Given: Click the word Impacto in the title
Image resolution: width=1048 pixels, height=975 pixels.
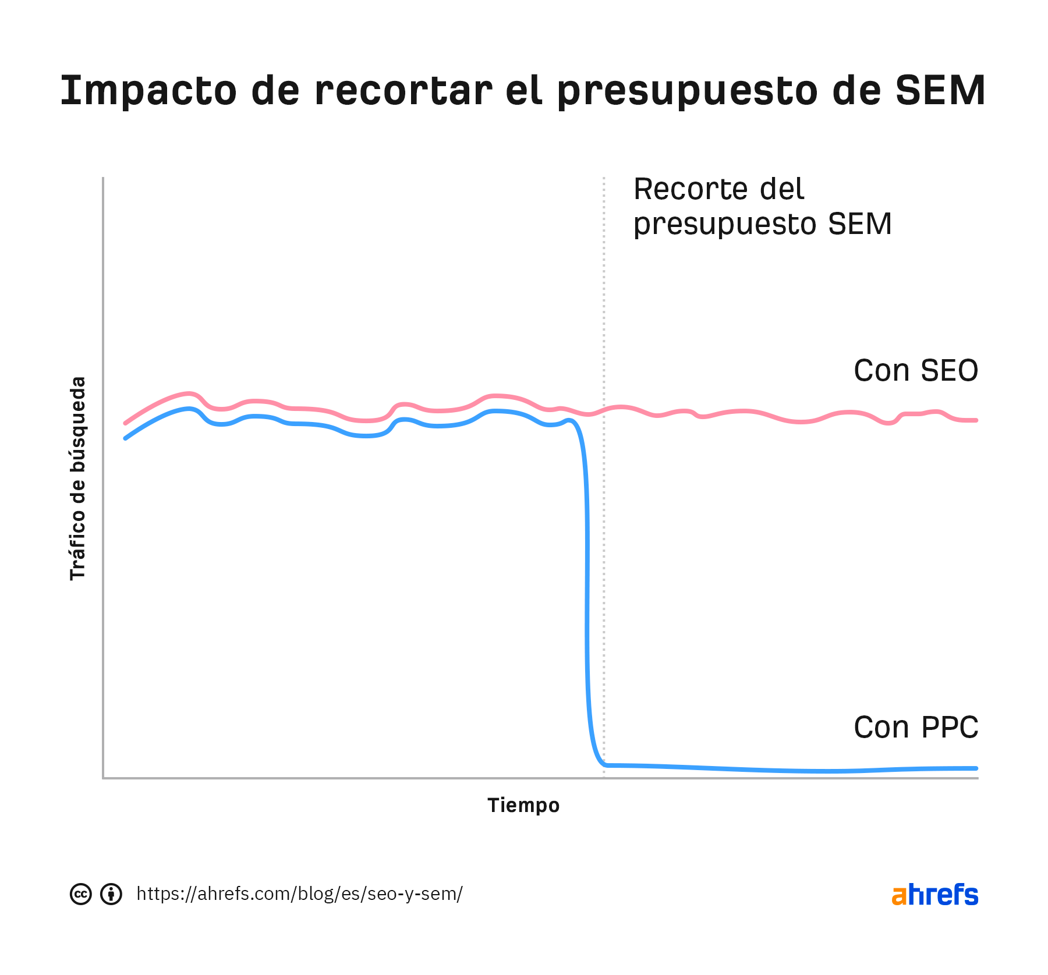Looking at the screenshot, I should pyautogui.click(x=148, y=91).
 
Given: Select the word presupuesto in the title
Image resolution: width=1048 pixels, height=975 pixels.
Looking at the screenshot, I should pyautogui.click(x=687, y=91).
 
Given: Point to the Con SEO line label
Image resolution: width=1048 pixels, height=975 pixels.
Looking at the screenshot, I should pyautogui.click(x=915, y=371).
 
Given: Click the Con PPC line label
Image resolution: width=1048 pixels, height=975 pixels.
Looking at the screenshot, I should pyautogui.click(x=915, y=728).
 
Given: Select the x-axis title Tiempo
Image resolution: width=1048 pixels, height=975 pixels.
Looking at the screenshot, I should pyautogui.click(x=523, y=805).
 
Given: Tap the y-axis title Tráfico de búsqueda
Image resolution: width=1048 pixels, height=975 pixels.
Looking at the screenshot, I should pyautogui.click(x=77, y=478).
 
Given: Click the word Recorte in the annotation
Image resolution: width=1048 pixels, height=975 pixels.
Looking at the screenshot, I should pyautogui.click(x=685, y=189).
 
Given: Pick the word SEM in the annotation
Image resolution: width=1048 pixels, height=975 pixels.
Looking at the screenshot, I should pyautogui.click(x=859, y=224).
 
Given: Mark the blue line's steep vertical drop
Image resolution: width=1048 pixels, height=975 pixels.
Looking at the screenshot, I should pyautogui.click(x=587, y=582).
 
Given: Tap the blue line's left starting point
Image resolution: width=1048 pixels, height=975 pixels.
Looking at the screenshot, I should pyautogui.click(x=126, y=438).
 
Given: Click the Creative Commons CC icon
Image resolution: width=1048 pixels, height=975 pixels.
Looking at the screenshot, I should pyautogui.click(x=81, y=894).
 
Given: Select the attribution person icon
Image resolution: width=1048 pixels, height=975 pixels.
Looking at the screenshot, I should pyautogui.click(x=111, y=894).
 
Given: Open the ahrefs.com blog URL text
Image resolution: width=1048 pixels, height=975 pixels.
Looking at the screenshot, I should pyautogui.click(x=299, y=894).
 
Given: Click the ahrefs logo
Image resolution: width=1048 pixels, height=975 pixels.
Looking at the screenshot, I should pyautogui.click(x=934, y=895).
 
